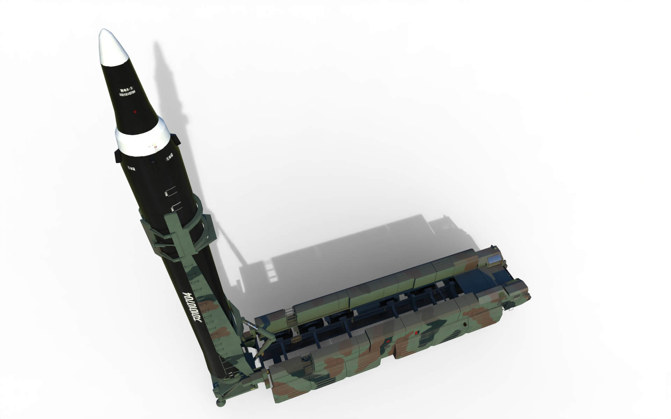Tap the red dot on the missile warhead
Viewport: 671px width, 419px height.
(x=135, y=112)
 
